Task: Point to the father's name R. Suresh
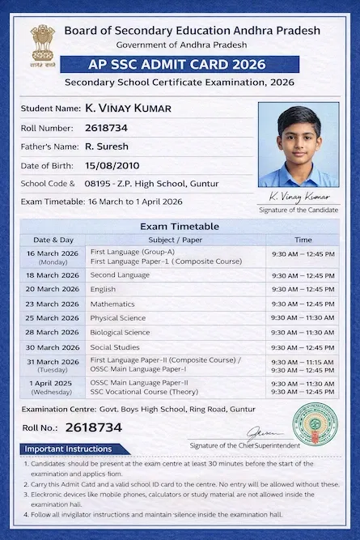pyautogui.click(x=106, y=147)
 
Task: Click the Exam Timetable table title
pyautogui.click(x=179, y=227)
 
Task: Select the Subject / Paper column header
pyautogui.click(x=176, y=240)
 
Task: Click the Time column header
pyautogui.click(x=303, y=240)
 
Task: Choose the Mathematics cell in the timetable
pyautogui.click(x=112, y=304)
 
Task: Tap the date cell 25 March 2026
pyautogui.click(x=53, y=318)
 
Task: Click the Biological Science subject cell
pyautogui.click(x=120, y=333)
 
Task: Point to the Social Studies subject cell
pyautogui.click(x=115, y=347)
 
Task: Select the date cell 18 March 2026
pyautogui.click(x=53, y=275)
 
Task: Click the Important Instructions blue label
pyautogui.click(x=69, y=449)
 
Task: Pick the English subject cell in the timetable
pyautogui.click(x=103, y=289)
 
